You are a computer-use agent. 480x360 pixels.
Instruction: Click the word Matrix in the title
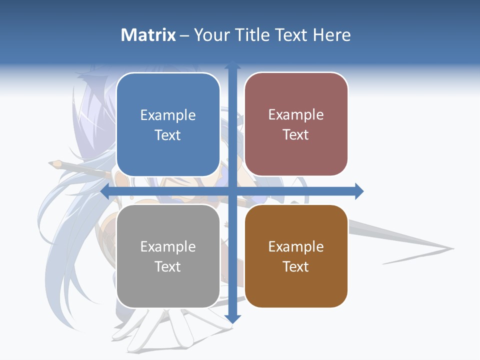point(148,35)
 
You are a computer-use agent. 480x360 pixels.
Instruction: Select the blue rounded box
point(168,125)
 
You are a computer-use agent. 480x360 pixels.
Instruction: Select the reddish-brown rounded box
point(296,124)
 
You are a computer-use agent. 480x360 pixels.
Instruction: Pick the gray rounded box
point(168,256)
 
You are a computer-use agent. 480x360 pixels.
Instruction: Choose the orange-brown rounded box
point(296,256)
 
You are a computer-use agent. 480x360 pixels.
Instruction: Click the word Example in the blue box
point(168,115)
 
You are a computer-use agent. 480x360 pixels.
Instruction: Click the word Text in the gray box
point(168,267)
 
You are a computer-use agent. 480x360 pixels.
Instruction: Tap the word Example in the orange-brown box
point(296,246)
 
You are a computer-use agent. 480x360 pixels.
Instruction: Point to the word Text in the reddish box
point(296,135)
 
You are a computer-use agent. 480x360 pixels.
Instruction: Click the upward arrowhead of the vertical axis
point(232,65)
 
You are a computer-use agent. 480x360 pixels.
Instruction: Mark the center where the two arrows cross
point(232,191)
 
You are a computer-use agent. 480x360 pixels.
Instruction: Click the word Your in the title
point(211,35)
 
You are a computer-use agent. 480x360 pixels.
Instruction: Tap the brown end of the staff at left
point(55,163)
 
